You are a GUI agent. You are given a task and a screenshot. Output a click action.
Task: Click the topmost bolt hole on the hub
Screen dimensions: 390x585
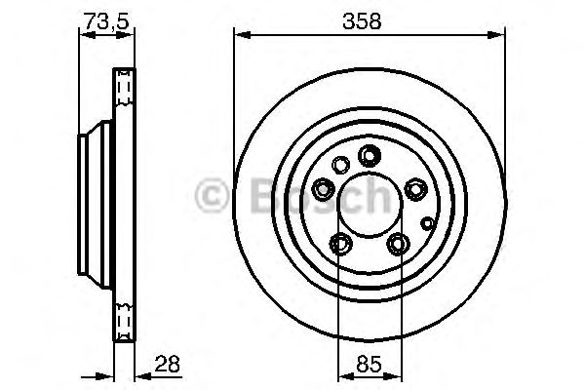click(369, 154)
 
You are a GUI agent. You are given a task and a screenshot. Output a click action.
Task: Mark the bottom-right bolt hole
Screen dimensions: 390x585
click(397, 242)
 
